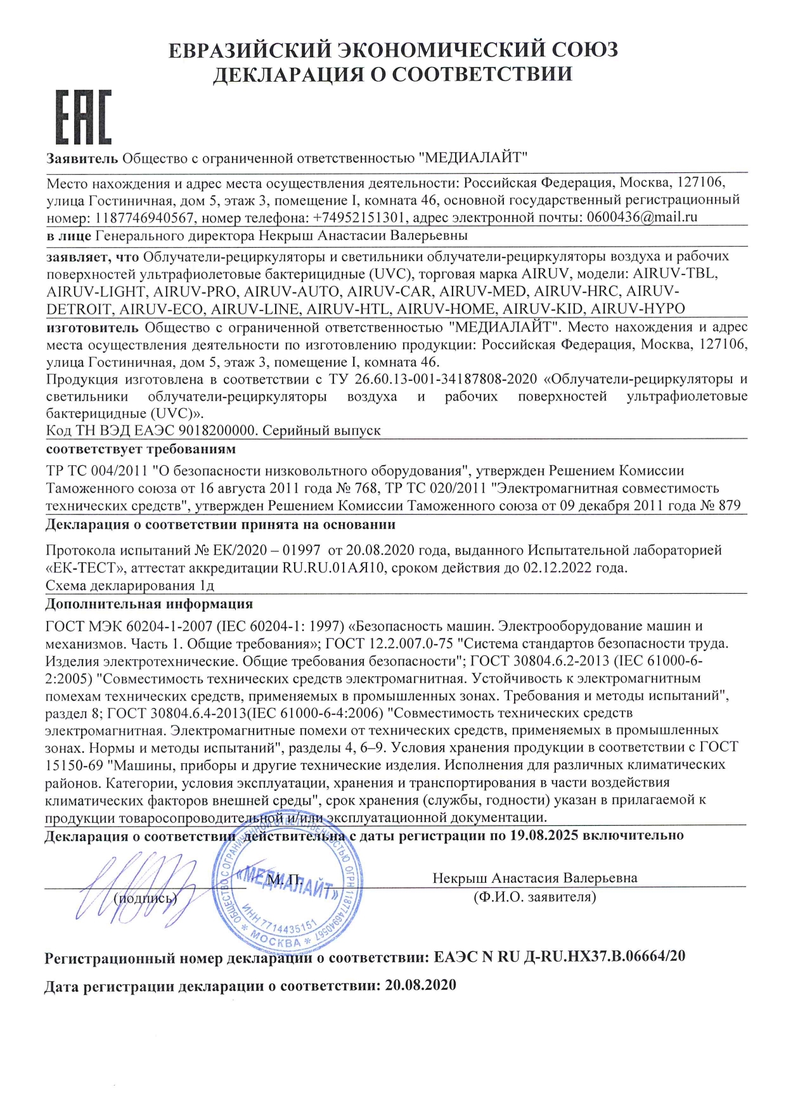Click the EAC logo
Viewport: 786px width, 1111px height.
pyautogui.click(x=83, y=117)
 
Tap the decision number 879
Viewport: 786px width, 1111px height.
pyautogui.click(x=729, y=506)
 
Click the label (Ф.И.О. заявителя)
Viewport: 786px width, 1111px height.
pyautogui.click(x=534, y=897)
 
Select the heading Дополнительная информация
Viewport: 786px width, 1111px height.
pyautogui.click(x=149, y=604)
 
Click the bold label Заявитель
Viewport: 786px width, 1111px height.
pyautogui.click(x=82, y=158)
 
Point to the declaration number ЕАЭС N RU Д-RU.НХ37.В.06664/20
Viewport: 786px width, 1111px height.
pyautogui.click(x=559, y=956)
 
